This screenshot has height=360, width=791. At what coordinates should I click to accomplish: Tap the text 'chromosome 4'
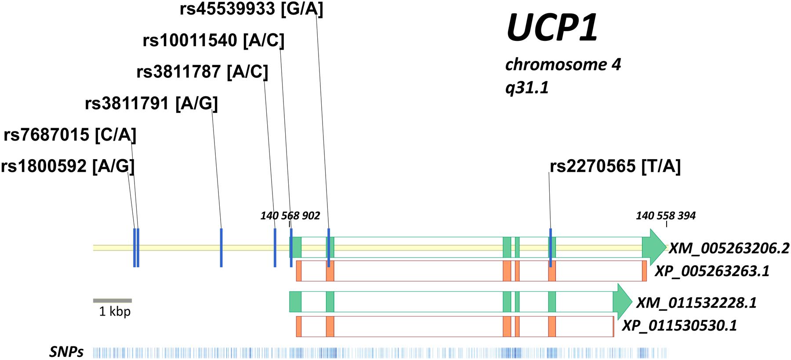[x=563, y=65]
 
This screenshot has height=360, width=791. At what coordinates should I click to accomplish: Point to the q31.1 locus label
[x=527, y=88]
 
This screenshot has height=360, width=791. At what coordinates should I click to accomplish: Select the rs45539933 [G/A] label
[x=251, y=9]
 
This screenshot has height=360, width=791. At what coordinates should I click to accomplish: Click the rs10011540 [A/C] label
[x=214, y=40]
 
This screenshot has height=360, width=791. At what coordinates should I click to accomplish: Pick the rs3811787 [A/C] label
[x=202, y=72]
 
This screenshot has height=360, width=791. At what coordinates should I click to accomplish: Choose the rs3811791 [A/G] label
[x=151, y=104]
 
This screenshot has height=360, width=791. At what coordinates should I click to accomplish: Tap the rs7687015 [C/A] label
[x=70, y=135]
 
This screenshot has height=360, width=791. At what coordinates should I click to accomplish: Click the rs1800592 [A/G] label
[x=68, y=166]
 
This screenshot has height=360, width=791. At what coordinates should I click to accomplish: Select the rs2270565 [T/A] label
[x=615, y=166]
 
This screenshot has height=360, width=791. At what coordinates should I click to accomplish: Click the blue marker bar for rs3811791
[x=221, y=247]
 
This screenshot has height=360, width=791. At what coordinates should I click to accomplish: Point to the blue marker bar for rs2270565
[x=550, y=247]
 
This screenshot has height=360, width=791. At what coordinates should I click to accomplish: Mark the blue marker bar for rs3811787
[x=275, y=247]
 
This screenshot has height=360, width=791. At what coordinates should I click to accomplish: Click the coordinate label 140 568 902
[x=290, y=216]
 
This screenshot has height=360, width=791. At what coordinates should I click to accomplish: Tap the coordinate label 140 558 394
[x=666, y=216]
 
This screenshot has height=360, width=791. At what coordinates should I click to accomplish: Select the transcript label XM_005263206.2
[x=729, y=249]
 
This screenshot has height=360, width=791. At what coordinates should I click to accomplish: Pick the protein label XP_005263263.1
[x=712, y=271]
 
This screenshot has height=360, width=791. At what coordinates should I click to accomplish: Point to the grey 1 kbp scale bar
[x=112, y=301]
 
